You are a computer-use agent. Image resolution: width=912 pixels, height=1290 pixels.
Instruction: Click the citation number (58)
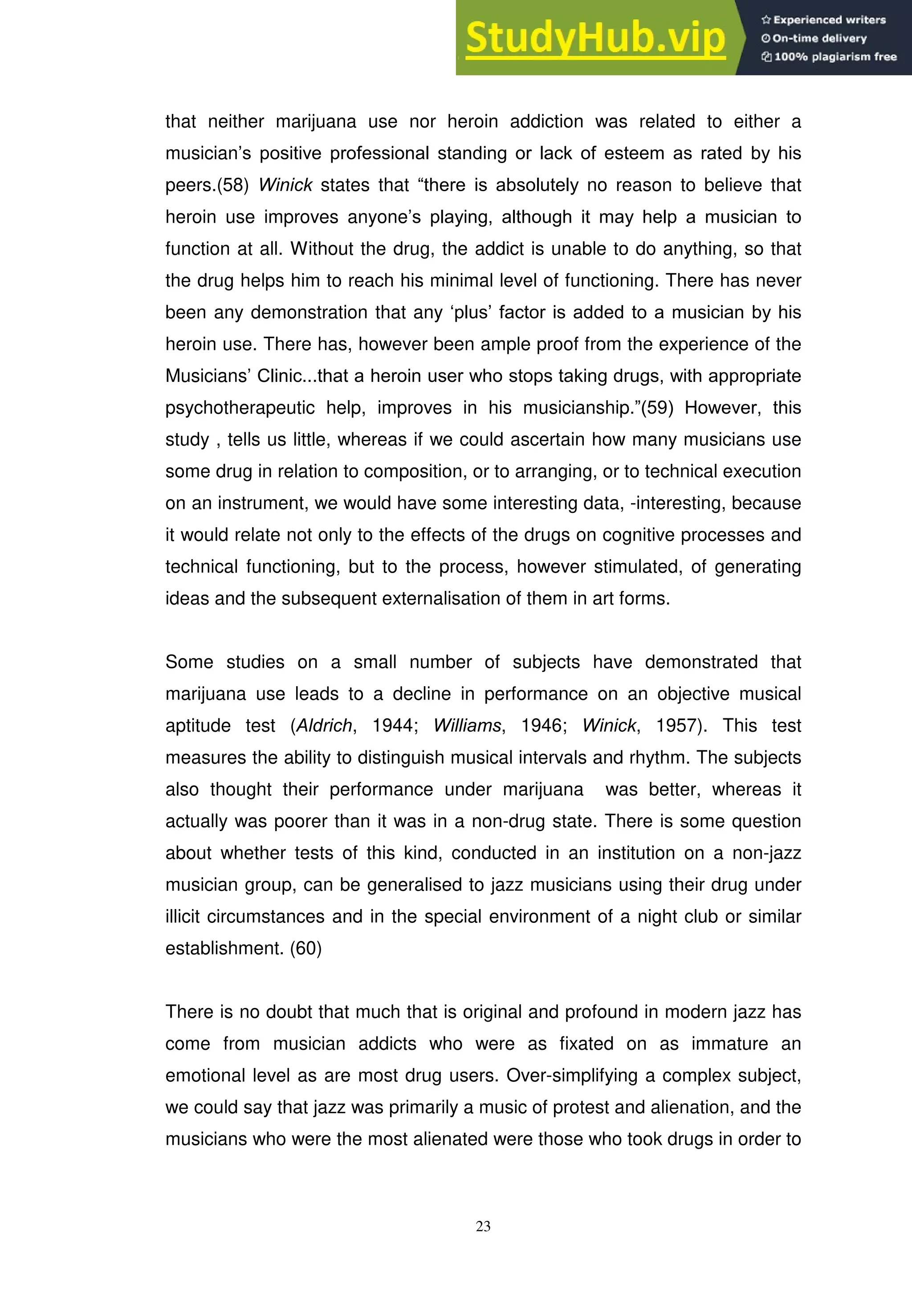(x=232, y=185)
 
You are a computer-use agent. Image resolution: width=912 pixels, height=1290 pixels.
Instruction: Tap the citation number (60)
(x=305, y=948)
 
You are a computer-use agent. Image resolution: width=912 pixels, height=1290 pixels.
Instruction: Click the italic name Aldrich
(x=324, y=726)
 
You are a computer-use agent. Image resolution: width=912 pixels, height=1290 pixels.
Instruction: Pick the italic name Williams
(x=467, y=726)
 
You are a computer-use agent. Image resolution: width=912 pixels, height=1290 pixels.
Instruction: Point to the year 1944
(x=394, y=726)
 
